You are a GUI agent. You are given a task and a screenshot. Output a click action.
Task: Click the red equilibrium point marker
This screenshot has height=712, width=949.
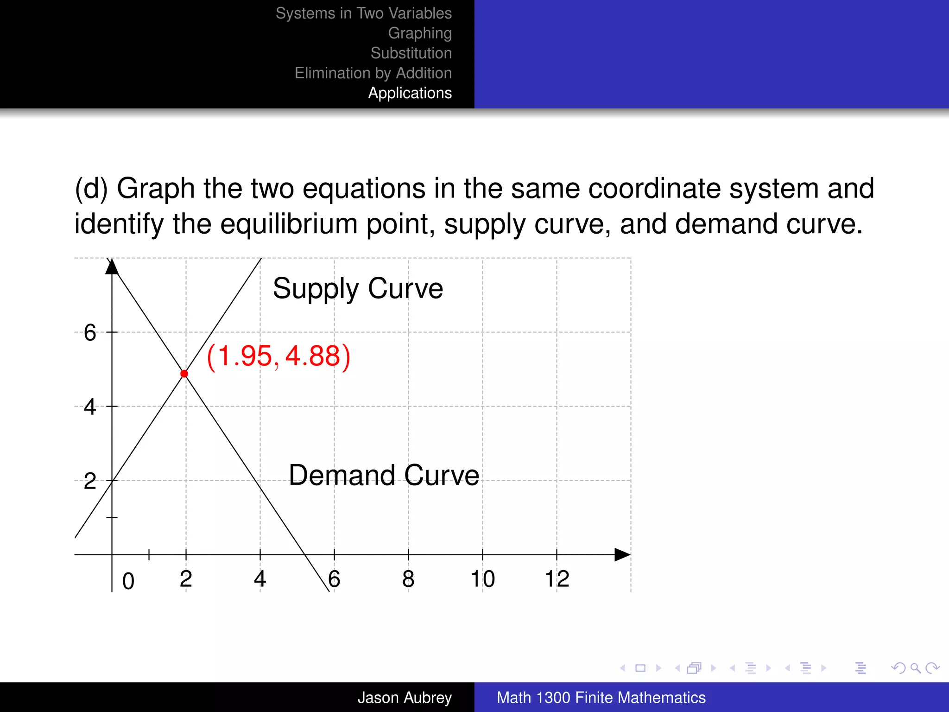point(184,374)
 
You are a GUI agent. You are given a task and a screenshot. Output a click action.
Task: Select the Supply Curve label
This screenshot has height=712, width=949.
point(358,288)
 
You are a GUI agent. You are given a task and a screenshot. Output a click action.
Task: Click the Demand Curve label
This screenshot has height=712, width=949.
point(384,475)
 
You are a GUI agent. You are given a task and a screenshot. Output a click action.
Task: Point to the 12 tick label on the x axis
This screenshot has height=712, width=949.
point(557,579)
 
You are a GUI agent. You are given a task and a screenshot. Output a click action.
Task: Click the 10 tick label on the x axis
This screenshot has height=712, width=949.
point(482,579)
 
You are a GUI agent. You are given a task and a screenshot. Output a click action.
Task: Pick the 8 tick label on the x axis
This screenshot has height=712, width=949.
point(408,579)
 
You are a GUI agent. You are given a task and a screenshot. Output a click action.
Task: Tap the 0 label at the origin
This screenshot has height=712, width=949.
point(128,581)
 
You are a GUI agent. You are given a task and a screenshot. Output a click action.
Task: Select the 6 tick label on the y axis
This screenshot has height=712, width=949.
point(90,333)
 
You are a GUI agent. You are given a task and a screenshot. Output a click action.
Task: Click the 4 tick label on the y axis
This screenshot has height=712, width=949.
point(90,407)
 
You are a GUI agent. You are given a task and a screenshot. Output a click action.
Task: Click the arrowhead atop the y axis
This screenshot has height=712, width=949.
point(112,267)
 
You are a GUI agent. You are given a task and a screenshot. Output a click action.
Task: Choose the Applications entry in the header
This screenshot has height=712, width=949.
point(410,93)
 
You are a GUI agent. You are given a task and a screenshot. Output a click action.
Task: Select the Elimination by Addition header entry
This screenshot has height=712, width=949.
point(373,73)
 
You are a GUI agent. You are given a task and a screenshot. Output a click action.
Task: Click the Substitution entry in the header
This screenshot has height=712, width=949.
point(411,53)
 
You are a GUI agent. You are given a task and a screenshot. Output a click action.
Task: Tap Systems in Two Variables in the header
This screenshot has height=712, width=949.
point(363,13)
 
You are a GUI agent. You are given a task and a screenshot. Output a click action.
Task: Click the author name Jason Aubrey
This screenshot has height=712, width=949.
point(404,698)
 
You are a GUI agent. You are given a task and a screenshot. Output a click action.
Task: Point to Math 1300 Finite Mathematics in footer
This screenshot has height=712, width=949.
point(601,698)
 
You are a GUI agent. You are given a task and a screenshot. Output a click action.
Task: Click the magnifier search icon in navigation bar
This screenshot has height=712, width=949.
point(915,668)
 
